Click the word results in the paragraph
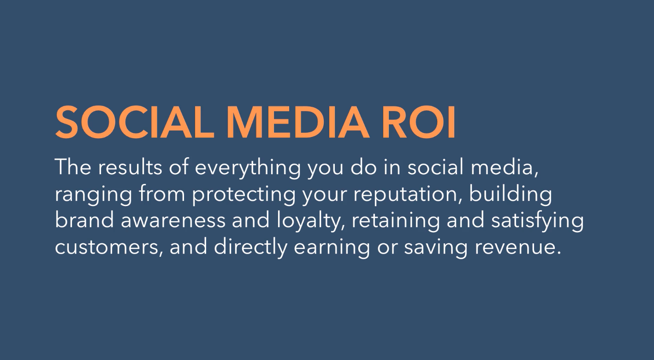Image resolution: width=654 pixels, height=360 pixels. coord(130,167)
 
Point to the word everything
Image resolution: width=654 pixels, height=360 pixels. coord(248,169)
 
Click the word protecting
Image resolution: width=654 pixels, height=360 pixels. coord(244,195)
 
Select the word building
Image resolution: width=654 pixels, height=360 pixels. coord(511,194)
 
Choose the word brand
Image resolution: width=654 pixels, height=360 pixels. coord(84,220)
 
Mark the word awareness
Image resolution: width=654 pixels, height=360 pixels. coord(173,222)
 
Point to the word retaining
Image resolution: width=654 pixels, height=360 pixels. coord(396,221)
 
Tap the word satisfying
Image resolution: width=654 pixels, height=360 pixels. coord(537,221)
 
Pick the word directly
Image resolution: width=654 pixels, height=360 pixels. coord(250,248)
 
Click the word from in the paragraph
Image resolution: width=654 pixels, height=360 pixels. coord(162,194)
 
